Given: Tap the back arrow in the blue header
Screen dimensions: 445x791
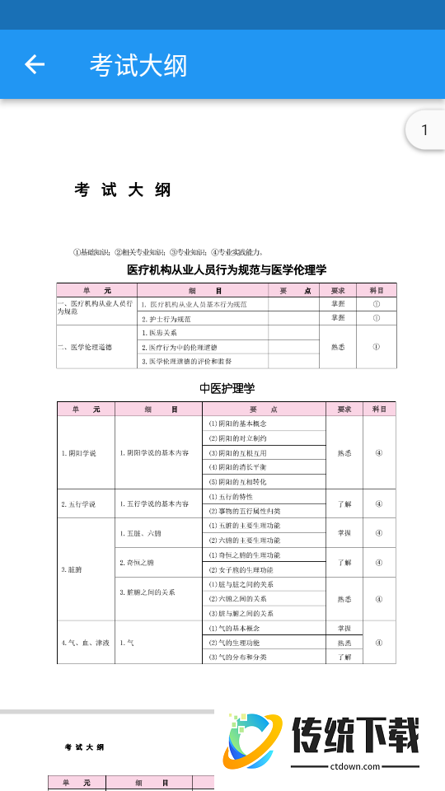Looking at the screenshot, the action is click(x=35, y=64).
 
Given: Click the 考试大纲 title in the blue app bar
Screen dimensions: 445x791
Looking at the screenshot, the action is click(x=138, y=65).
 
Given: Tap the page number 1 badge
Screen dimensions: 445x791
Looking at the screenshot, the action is click(x=424, y=130).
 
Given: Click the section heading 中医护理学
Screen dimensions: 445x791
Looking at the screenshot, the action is click(x=227, y=388).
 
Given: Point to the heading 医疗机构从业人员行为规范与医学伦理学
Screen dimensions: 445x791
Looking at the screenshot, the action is click(x=227, y=269).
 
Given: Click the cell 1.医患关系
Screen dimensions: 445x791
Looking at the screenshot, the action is click(x=160, y=333).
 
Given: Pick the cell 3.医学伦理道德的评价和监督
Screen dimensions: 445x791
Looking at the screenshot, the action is click(x=187, y=361).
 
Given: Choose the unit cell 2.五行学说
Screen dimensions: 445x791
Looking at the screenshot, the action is click(x=79, y=503).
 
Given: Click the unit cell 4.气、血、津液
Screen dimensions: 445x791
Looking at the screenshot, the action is click(x=85, y=642).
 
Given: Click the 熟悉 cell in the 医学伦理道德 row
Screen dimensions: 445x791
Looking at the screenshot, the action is click(x=338, y=347).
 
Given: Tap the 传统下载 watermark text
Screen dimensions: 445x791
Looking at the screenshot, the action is click(x=355, y=736).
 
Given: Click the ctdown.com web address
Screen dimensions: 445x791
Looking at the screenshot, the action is click(x=355, y=766).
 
